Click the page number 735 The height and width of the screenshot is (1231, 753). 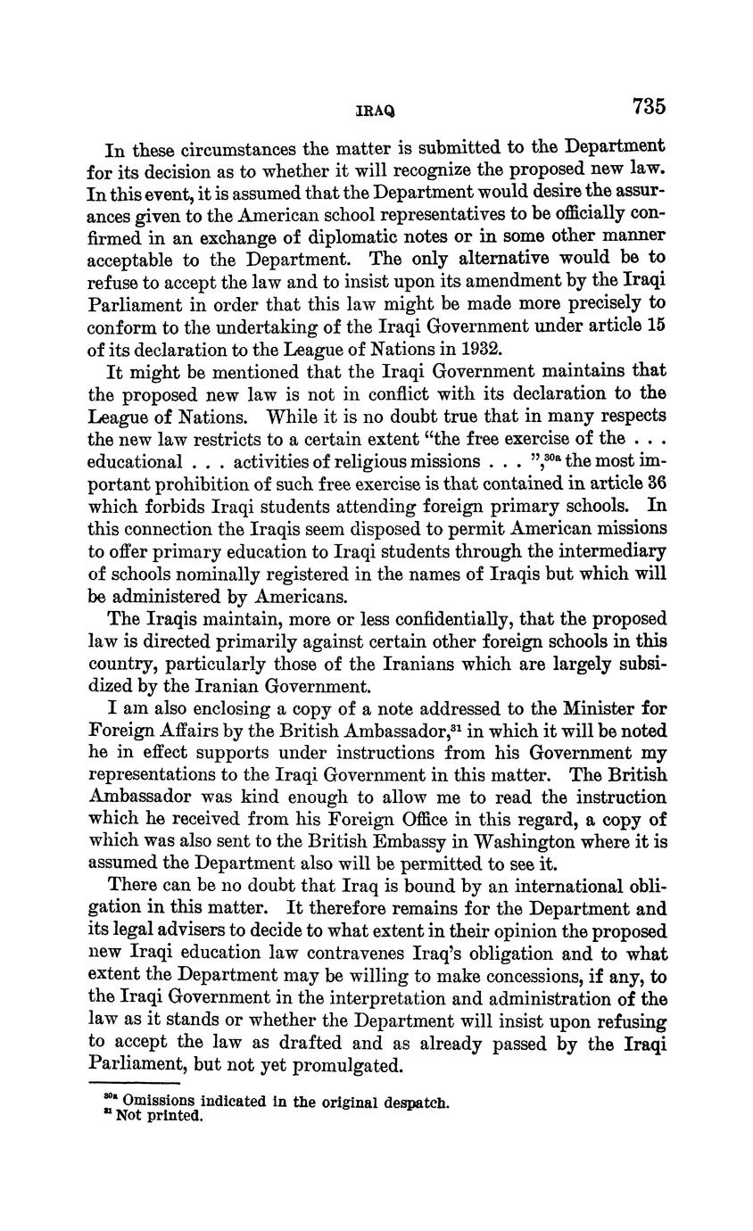pos(649,107)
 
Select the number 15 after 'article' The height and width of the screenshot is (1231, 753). pos(657,326)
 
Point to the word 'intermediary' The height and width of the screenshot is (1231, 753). pos(616,550)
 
